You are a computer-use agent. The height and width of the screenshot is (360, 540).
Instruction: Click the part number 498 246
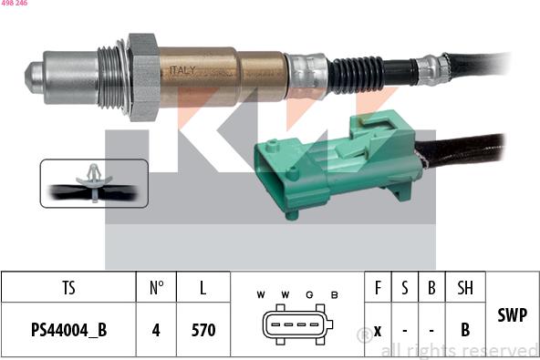click(14, 5)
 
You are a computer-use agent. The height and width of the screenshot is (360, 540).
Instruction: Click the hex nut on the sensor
click(143, 77)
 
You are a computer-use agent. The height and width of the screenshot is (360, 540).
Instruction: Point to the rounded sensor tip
click(35, 77)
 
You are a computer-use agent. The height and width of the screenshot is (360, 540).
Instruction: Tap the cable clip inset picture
click(94, 183)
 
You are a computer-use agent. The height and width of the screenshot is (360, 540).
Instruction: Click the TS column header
click(68, 288)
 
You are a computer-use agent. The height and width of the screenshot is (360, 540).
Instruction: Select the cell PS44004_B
click(68, 330)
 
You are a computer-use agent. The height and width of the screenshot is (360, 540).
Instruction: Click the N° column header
click(156, 288)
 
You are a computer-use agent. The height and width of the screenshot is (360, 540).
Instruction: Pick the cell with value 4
click(156, 330)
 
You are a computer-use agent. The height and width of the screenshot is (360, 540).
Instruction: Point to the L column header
click(202, 288)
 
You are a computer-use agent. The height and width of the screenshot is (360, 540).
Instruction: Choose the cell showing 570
click(202, 330)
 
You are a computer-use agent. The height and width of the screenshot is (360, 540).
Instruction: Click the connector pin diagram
click(296, 326)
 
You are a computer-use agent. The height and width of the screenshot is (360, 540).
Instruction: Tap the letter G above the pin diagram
click(309, 294)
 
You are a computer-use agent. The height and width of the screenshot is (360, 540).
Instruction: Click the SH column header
click(465, 288)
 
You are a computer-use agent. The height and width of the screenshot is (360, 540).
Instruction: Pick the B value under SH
click(465, 330)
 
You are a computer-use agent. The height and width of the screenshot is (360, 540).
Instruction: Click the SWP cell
click(512, 315)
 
